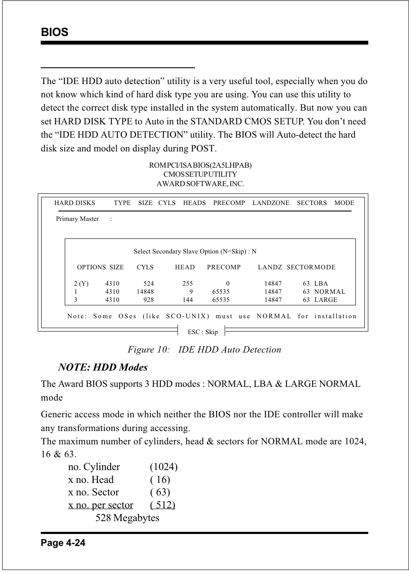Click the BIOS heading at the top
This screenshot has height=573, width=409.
[x=54, y=33]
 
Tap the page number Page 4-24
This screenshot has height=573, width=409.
[x=63, y=543]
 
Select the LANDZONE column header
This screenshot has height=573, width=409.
[x=271, y=203]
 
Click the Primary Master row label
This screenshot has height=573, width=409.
[x=77, y=219]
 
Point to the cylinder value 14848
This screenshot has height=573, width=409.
[x=145, y=292]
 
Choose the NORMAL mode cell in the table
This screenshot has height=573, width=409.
[x=329, y=292]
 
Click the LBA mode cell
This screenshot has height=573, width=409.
[x=321, y=283]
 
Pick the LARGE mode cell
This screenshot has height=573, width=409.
[x=325, y=300]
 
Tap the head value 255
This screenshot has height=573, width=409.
[x=187, y=283]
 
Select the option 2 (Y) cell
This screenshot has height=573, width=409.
[x=81, y=283]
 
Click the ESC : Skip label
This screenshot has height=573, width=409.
[x=202, y=332]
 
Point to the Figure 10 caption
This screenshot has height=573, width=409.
[x=204, y=350]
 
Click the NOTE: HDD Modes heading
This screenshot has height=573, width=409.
[x=103, y=367]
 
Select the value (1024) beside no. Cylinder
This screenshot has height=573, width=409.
[x=163, y=467]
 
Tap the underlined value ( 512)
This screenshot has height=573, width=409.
[x=162, y=505]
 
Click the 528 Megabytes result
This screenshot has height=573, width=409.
[x=127, y=518]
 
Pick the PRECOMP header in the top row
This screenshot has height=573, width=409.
[x=229, y=203]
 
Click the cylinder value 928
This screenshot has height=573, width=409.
[x=148, y=300]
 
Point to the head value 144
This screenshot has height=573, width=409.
[x=187, y=300]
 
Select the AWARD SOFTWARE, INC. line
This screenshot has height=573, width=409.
[x=200, y=184]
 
